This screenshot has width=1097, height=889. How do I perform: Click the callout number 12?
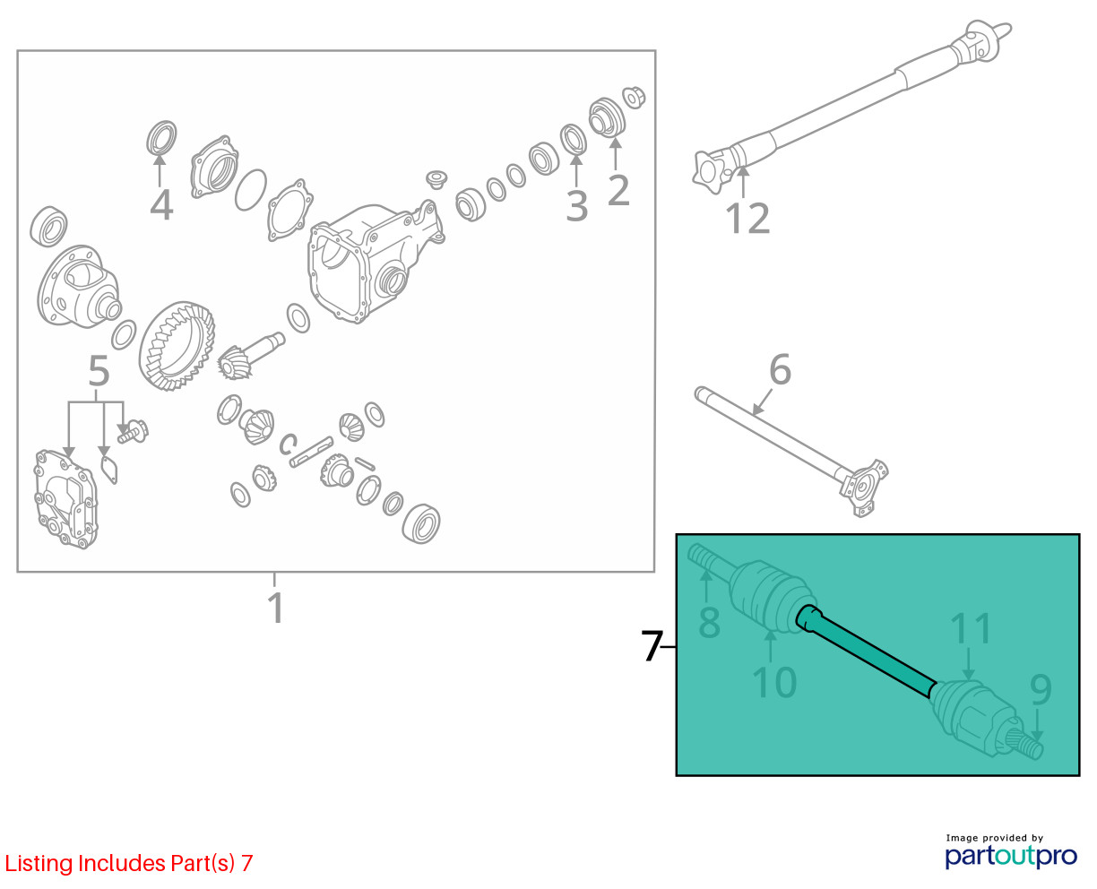[x=747, y=219]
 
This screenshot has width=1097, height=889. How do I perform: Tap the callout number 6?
[x=780, y=369]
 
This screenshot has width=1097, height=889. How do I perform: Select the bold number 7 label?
[x=652, y=646]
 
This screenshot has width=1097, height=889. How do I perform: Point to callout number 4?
[x=161, y=205]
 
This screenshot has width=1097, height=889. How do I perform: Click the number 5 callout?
[x=99, y=370]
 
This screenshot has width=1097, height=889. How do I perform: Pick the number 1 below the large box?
[x=277, y=608]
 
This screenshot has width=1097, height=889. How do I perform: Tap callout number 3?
[x=577, y=206]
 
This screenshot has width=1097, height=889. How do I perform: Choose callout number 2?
[x=618, y=190]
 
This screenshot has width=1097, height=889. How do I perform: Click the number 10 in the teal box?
[x=774, y=683]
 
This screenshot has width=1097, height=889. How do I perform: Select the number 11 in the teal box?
[x=971, y=628]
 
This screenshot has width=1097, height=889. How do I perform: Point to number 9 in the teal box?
[x=1041, y=690]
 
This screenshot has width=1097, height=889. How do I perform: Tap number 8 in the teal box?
[x=709, y=622]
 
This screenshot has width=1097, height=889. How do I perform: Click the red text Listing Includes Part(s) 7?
[x=129, y=863]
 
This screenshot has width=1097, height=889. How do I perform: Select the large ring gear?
[x=177, y=346]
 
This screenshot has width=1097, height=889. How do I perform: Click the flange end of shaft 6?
[x=863, y=487]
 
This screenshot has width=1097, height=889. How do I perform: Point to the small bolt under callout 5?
[x=133, y=431]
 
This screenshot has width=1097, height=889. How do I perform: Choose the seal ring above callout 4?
[x=161, y=137]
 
